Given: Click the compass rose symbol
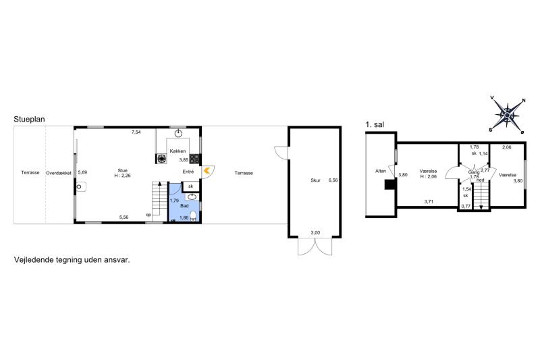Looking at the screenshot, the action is tap(508, 114).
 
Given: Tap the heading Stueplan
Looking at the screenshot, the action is tap(29, 119).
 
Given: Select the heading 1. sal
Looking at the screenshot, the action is tap(375, 124).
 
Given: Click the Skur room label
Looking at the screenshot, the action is tap(315, 180).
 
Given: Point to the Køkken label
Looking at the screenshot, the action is tap(178, 151).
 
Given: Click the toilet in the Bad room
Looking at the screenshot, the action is tap(193, 215).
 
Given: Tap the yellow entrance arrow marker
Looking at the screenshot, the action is tap(207, 170).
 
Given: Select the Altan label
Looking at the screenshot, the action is tap(381, 171).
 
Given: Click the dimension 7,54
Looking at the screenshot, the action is tap(136, 132).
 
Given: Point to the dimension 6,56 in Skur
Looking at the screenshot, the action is tap(333, 180).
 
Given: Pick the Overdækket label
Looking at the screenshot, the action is tap(59, 173).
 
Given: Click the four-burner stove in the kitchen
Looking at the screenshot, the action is tap(194, 159).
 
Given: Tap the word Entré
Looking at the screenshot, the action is tap(188, 172).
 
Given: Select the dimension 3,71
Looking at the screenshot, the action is tap(429, 202).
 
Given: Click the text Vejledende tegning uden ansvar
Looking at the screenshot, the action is tap(72, 260).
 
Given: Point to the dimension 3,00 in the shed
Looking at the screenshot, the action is tap(315, 232).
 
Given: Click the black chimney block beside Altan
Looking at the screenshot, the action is tap(391, 184).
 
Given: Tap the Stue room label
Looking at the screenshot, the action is tap(123, 170).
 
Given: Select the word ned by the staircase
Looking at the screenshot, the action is tap(481, 180).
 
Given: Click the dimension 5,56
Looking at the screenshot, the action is tap(124, 217).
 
